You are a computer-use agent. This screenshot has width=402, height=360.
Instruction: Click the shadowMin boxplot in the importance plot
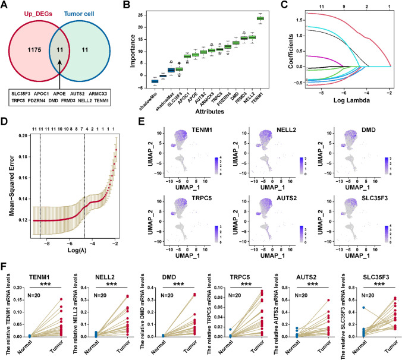click(155, 81)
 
